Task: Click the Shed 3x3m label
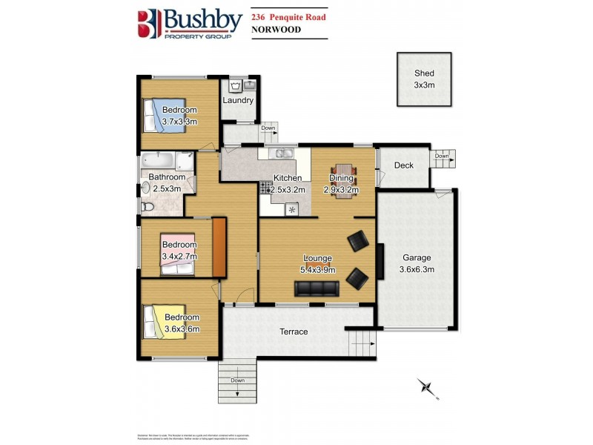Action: point(424,79)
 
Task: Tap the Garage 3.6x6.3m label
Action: point(417,263)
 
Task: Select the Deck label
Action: point(403,165)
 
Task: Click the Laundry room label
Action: point(239,100)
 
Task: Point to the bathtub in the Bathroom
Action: point(158,159)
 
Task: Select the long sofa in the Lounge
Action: point(317,289)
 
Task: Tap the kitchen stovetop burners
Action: point(265,190)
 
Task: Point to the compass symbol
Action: point(425,386)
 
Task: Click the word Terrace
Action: point(294,332)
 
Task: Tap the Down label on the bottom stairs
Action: point(237,380)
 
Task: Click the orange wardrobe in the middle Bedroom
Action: point(219,248)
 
